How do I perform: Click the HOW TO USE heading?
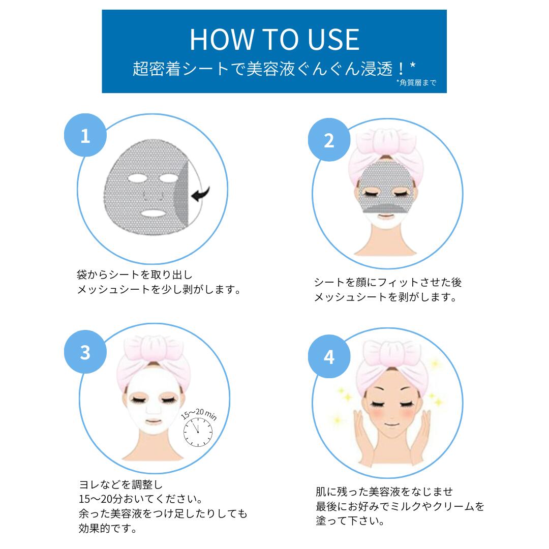click(274, 40)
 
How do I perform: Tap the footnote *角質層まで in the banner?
click(416, 83)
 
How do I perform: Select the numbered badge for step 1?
click(85, 135)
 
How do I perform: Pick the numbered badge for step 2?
click(329, 140)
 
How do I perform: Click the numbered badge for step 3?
click(85, 352)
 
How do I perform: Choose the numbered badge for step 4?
click(329, 356)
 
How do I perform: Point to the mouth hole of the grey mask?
click(152, 212)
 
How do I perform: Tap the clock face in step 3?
click(198, 432)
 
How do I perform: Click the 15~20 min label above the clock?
click(199, 414)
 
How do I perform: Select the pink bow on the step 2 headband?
click(386, 142)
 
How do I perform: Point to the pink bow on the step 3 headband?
click(154, 348)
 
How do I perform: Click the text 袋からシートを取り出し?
click(134, 275)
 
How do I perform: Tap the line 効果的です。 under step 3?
click(108, 528)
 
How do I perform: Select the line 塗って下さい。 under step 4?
click(350, 521)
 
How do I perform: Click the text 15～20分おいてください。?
click(141, 499)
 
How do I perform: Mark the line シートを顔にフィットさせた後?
click(388, 282)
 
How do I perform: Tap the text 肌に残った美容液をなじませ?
click(384, 492)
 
